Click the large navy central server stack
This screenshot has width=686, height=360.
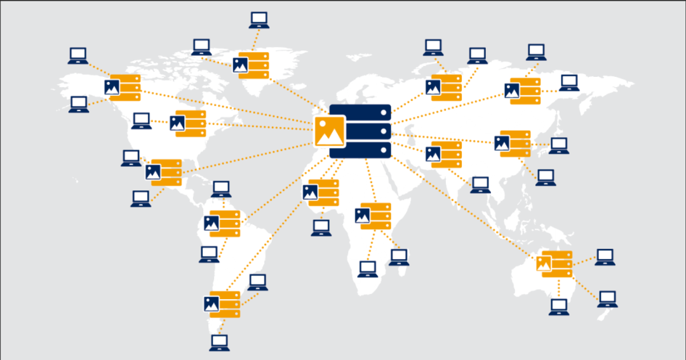pyautogui.click(x=360, y=131)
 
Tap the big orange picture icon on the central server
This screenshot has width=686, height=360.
pyautogui.click(x=330, y=131)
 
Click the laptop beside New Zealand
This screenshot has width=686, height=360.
pyautogui.click(x=607, y=298)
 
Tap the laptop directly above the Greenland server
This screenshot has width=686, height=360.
pyautogui.click(x=259, y=20)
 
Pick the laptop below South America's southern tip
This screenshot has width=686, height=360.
pyautogui.click(x=219, y=343)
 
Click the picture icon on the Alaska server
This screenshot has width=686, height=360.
pyautogui.click(x=112, y=88)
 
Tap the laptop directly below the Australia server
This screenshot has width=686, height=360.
pyautogui.click(x=559, y=307)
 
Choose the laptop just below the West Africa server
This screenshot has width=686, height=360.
pyautogui.click(x=321, y=227)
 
